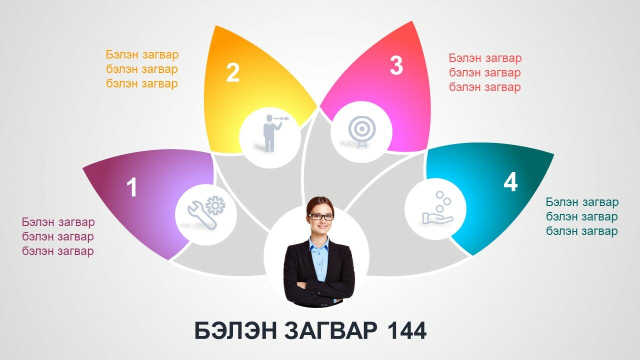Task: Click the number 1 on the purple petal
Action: (x=131, y=187)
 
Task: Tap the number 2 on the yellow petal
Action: (x=233, y=72)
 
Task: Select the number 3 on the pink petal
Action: (x=396, y=65)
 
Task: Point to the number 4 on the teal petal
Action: (x=510, y=181)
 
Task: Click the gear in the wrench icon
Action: (x=215, y=205)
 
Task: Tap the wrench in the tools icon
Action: (x=201, y=215)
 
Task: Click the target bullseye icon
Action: (x=361, y=132)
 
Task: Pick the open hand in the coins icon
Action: (x=437, y=218)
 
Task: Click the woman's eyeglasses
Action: (x=320, y=217)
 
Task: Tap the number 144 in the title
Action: (x=407, y=330)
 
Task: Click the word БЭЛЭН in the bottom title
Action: (x=235, y=330)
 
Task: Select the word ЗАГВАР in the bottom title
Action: (x=330, y=330)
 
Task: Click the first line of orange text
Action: (x=142, y=54)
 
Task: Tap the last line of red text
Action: (x=485, y=87)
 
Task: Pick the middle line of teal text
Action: (x=581, y=216)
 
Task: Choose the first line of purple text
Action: (x=58, y=222)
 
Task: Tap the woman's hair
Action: (x=320, y=203)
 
